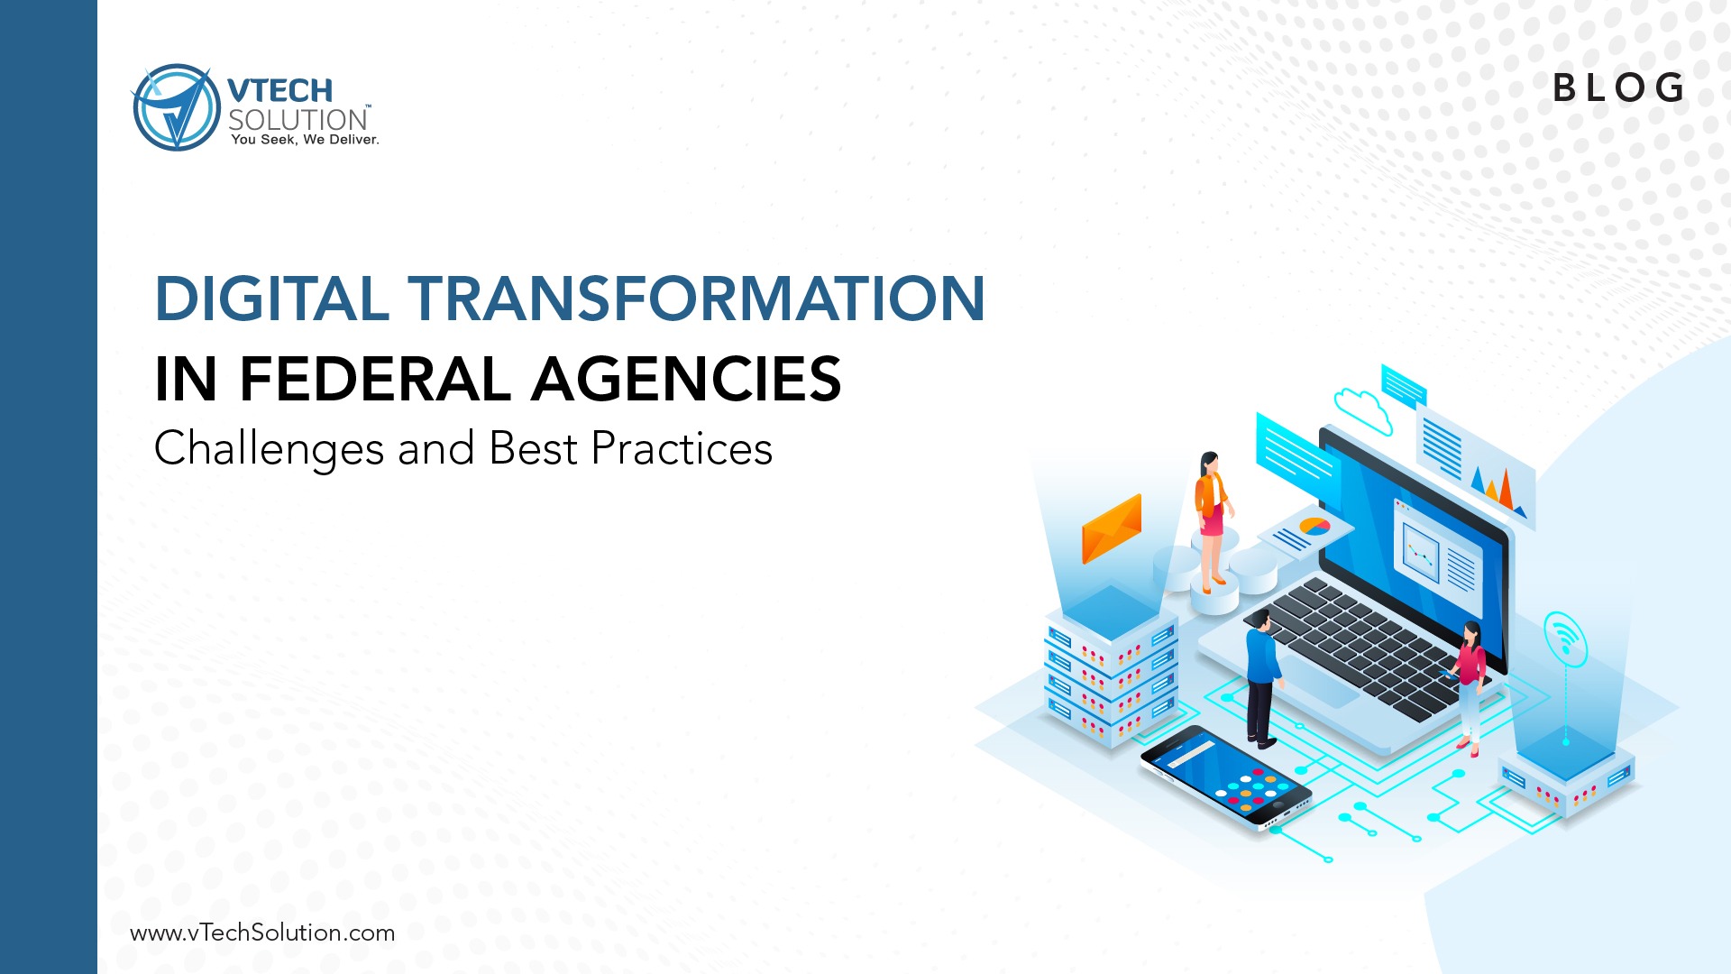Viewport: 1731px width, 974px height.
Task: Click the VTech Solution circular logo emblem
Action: click(x=176, y=107)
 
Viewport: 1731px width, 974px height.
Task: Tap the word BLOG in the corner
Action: click(x=1619, y=88)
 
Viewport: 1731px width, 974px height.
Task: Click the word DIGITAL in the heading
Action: click(x=272, y=299)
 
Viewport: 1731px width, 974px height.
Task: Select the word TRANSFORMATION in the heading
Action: click(x=697, y=299)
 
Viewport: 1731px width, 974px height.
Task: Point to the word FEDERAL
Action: click(x=375, y=379)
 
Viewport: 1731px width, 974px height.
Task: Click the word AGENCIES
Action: click(x=686, y=379)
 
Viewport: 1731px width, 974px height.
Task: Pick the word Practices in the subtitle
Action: click(x=682, y=449)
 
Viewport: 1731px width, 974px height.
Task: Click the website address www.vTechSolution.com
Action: click(x=262, y=933)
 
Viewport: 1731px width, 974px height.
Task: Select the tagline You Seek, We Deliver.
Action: click(x=305, y=140)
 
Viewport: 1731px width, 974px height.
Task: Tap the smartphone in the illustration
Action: click(x=1226, y=778)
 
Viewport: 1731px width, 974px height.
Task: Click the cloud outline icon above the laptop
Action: click(x=1363, y=409)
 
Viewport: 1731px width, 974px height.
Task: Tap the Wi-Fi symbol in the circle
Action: click(x=1565, y=639)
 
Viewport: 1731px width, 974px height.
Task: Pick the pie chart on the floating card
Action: click(x=1314, y=526)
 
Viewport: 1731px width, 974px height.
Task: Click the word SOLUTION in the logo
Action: click(x=298, y=120)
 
